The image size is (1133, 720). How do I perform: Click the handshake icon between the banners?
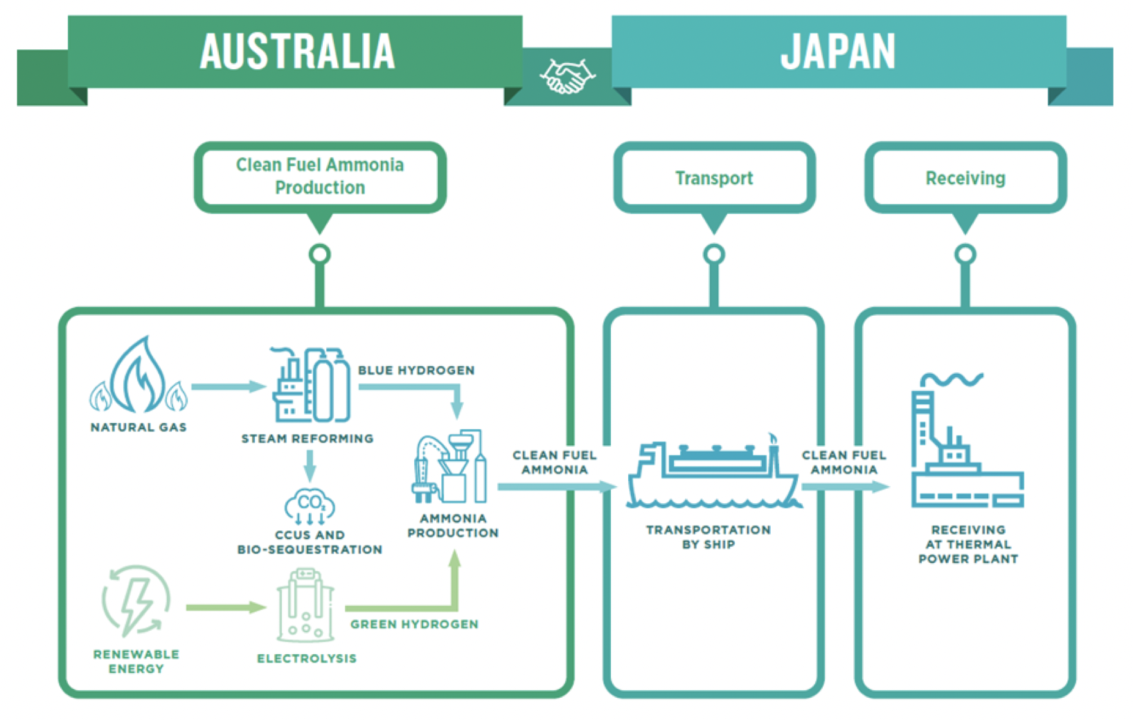coord(567,75)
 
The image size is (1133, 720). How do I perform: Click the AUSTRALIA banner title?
coord(297,51)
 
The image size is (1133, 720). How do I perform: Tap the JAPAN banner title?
coord(837,51)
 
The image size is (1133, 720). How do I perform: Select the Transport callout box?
coord(714,178)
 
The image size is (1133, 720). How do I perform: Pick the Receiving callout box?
coord(965,178)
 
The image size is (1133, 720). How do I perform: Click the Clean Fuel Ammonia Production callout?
coord(319,176)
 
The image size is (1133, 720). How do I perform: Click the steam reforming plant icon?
coord(310,386)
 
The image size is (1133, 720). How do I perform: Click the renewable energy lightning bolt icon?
coord(136,602)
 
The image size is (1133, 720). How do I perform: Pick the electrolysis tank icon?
coord(305,606)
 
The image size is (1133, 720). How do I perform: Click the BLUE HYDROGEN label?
coord(416,370)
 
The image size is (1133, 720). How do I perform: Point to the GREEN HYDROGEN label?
coord(414,624)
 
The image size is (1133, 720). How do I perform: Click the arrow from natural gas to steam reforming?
coord(228,386)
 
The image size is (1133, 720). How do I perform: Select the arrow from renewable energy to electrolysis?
coord(225,608)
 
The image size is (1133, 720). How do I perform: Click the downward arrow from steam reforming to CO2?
coord(310,465)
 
